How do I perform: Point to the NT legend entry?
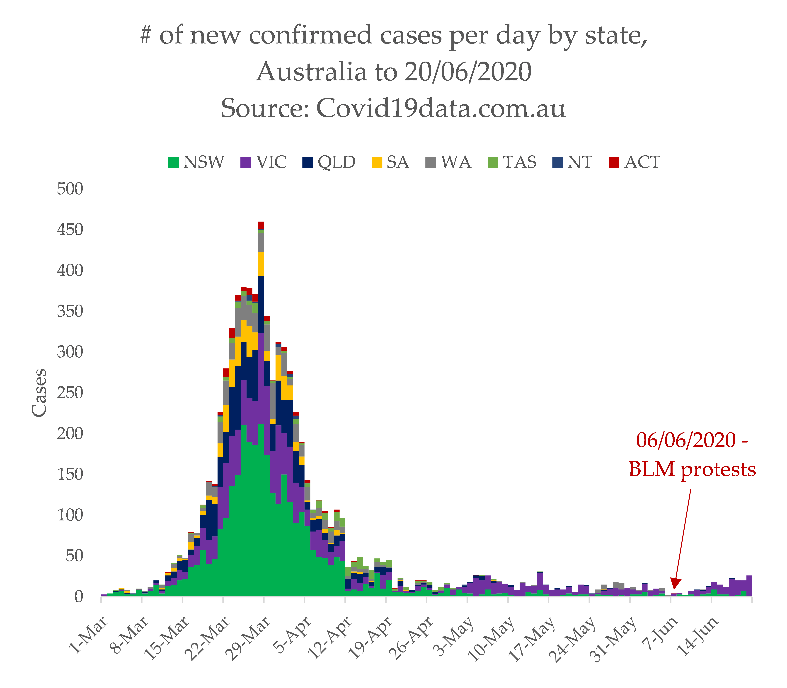572,162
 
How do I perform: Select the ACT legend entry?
634,162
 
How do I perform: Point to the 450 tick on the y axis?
70,230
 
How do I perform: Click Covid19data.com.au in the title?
441,108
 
